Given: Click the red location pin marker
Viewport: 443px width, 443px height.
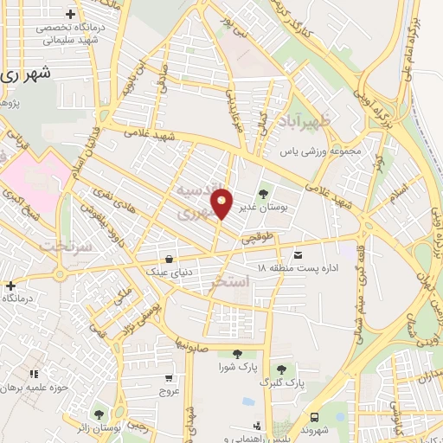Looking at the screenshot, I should click(222, 202).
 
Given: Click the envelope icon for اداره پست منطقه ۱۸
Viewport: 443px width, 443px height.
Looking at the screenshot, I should click(299, 254).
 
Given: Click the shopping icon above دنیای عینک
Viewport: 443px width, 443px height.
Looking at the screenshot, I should click(169, 258).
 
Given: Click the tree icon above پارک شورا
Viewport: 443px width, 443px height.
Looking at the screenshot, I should click(236, 353).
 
